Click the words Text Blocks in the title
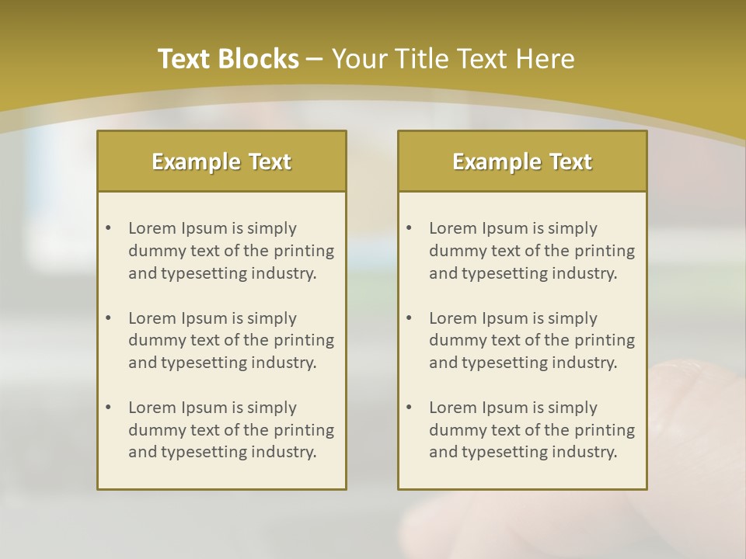point(228,59)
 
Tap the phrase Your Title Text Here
point(453,59)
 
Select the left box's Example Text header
point(221,161)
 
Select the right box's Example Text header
point(522,161)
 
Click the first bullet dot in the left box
point(108,228)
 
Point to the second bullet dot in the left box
point(108,318)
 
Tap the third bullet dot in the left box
point(108,408)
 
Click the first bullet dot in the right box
point(409,228)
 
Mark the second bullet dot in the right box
point(409,318)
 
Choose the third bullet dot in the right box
point(409,408)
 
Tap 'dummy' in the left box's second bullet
point(152,340)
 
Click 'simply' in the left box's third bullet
point(271,408)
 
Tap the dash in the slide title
point(315,60)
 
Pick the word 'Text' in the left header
point(270,161)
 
